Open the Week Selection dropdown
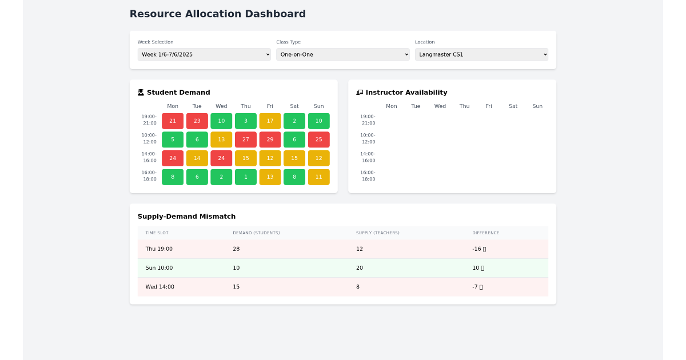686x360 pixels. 204,54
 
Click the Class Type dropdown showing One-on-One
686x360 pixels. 342,54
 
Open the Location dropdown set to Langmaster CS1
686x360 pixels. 481,54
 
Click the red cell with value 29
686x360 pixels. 270,139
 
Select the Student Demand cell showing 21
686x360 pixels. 173,121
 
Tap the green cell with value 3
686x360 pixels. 246,121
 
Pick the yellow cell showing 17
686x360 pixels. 270,121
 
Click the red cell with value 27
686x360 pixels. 246,139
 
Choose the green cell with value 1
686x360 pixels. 246,177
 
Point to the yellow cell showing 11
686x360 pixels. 318,177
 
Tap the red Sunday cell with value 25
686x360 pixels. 318,139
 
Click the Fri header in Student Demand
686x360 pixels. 270,106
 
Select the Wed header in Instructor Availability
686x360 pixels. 440,106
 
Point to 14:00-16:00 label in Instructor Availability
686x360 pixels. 368,157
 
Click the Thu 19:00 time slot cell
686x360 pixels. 159,249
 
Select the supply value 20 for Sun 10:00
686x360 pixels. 360,268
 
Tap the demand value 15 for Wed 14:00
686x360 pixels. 236,287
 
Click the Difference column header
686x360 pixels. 485,233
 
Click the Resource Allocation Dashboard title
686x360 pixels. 217,14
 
